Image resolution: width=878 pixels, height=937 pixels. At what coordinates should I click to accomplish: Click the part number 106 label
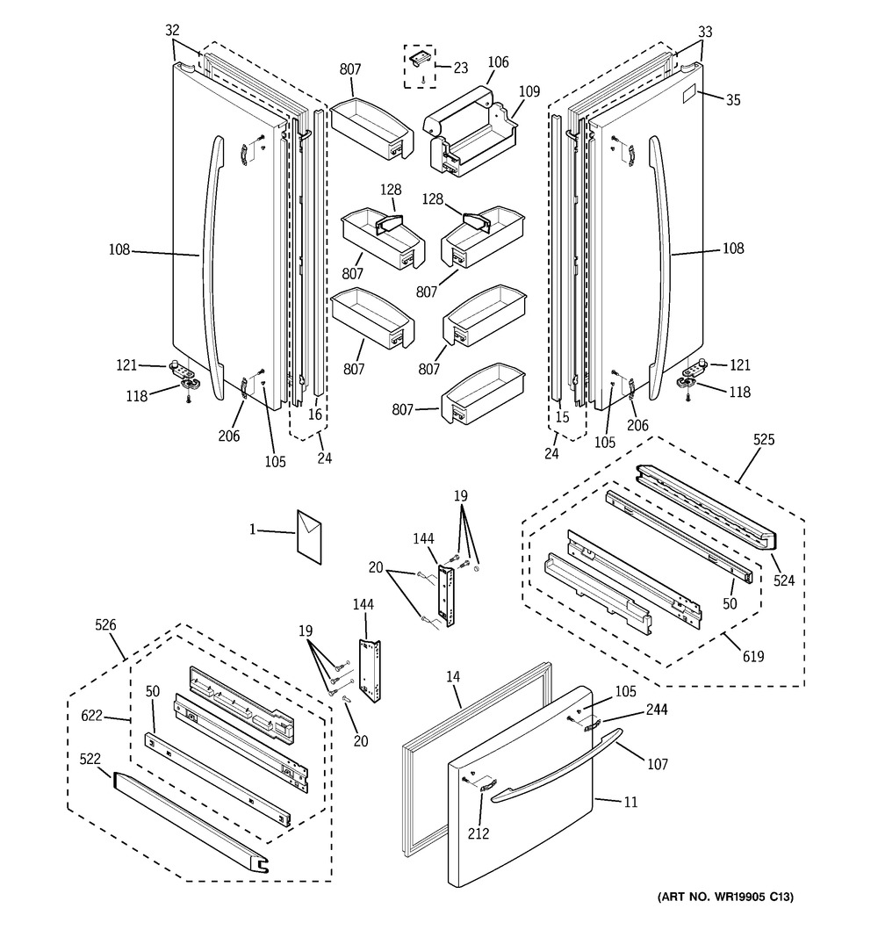498,62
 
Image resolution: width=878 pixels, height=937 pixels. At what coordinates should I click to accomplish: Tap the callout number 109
529,91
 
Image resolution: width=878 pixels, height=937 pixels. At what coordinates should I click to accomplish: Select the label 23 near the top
460,68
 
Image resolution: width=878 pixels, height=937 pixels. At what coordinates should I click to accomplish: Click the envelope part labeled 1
309,536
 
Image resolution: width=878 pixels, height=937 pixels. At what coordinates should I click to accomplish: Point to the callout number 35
733,100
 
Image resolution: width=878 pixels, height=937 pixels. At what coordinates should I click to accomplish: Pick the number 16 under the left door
315,414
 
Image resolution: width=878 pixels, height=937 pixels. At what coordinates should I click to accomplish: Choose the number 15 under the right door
562,417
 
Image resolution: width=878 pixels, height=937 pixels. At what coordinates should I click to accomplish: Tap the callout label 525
764,440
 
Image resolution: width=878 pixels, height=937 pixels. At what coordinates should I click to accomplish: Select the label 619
753,657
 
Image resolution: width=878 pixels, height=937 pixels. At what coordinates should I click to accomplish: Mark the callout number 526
105,625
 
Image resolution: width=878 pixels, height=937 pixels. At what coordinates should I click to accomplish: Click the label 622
91,716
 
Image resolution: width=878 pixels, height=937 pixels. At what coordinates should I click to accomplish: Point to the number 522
90,759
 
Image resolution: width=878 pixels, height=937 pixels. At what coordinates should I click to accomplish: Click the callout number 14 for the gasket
453,677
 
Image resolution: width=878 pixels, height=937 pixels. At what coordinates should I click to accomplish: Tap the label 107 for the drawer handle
658,764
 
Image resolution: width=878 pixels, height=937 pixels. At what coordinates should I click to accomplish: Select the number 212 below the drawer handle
479,833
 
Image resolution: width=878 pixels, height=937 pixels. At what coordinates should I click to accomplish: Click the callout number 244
657,710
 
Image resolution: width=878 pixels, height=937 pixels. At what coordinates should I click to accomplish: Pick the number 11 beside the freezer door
630,802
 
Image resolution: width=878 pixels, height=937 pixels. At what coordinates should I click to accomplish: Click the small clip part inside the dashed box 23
420,57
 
